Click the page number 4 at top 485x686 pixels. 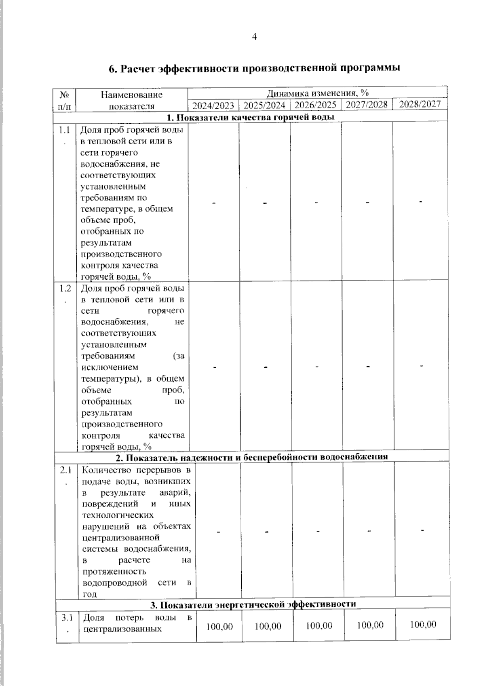coord(254,37)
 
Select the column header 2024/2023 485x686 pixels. coord(213,106)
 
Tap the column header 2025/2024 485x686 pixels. coord(264,106)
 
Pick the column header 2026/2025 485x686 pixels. coord(315,105)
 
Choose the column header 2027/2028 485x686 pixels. coord(367,105)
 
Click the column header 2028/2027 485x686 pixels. coord(420,104)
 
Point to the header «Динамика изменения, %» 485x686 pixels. coord(317,93)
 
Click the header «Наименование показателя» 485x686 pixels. coord(132,100)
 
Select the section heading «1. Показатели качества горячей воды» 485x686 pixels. coord(251,117)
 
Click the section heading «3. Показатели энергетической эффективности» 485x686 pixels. coord(253,604)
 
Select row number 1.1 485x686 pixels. coord(64,130)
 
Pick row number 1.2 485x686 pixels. coord(65,289)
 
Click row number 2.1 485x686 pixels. coord(66,471)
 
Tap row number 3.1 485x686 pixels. coord(67,618)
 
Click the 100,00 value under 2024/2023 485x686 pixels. coord(219,627)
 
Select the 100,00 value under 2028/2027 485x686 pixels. coord(423,625)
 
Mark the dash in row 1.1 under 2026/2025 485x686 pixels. coord(316,202)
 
